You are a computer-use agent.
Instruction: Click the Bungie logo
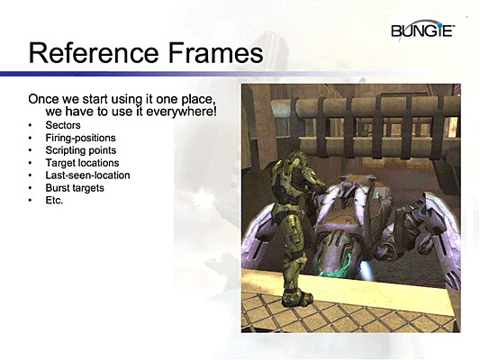coord(423,33)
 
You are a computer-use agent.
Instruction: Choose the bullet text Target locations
coord(82,163)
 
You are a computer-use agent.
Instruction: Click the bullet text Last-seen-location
coord(87,175)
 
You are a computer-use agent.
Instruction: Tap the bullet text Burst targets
coord(75,188)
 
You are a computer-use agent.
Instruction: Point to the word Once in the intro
coord(45,96)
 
